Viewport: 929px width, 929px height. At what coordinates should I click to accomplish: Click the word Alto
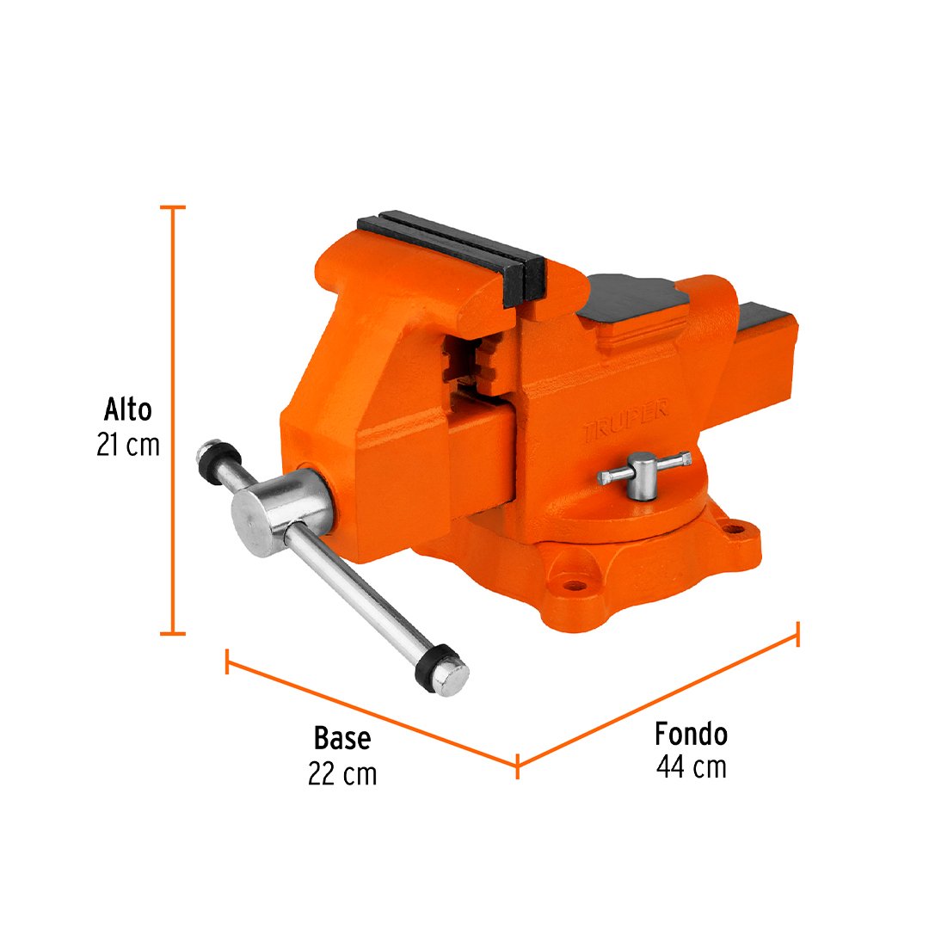coord(128,409)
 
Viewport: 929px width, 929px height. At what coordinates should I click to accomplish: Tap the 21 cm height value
coord(128,445)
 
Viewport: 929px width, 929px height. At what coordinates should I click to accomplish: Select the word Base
coord(341,738)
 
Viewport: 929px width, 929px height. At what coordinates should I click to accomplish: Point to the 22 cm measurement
coord(342,773)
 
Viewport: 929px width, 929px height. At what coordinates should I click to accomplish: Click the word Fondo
coord(691,735)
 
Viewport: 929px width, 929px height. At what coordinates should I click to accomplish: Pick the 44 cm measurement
coord(691,767)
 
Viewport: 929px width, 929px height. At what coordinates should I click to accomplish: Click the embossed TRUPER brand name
coord(625,420)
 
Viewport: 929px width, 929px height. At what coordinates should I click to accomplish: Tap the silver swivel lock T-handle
coord(644,473)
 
